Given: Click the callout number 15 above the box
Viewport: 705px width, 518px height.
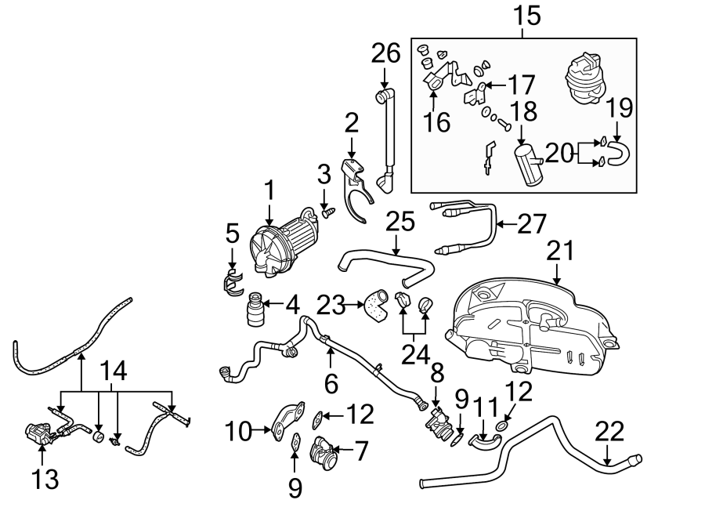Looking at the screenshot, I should (526, 16).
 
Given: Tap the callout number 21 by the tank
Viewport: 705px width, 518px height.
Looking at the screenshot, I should (561, 251).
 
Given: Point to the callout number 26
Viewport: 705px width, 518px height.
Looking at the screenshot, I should (385, 55).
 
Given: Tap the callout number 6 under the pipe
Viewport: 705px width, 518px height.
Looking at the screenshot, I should (331, 382).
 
